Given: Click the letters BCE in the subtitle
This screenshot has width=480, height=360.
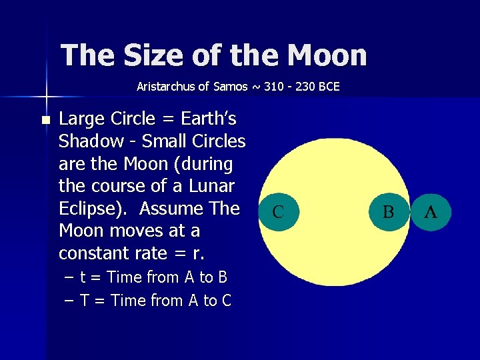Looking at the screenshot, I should tap(328, 86).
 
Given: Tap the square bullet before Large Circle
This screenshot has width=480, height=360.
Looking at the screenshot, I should tap(45, 120).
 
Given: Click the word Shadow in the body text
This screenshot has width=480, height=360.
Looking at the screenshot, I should tap(90, 141).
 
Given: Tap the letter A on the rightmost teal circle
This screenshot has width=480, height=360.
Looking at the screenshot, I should tap(431, 212).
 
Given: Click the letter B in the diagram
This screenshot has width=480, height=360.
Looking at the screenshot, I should tap(388, 213).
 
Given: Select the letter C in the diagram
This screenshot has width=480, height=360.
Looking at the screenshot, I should tap(278, 213).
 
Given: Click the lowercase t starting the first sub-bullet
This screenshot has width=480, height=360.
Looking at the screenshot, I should tap(83, 277).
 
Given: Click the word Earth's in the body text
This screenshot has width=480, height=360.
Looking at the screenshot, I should tap(207, 119).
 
